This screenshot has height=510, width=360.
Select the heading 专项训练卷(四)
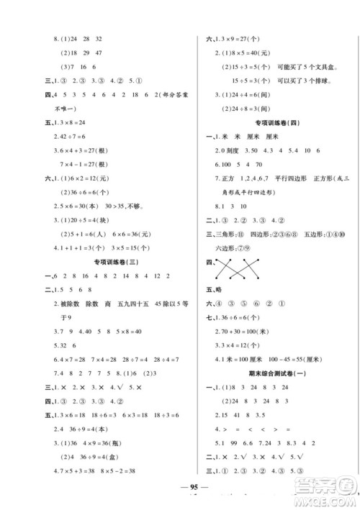coord(272,122)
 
